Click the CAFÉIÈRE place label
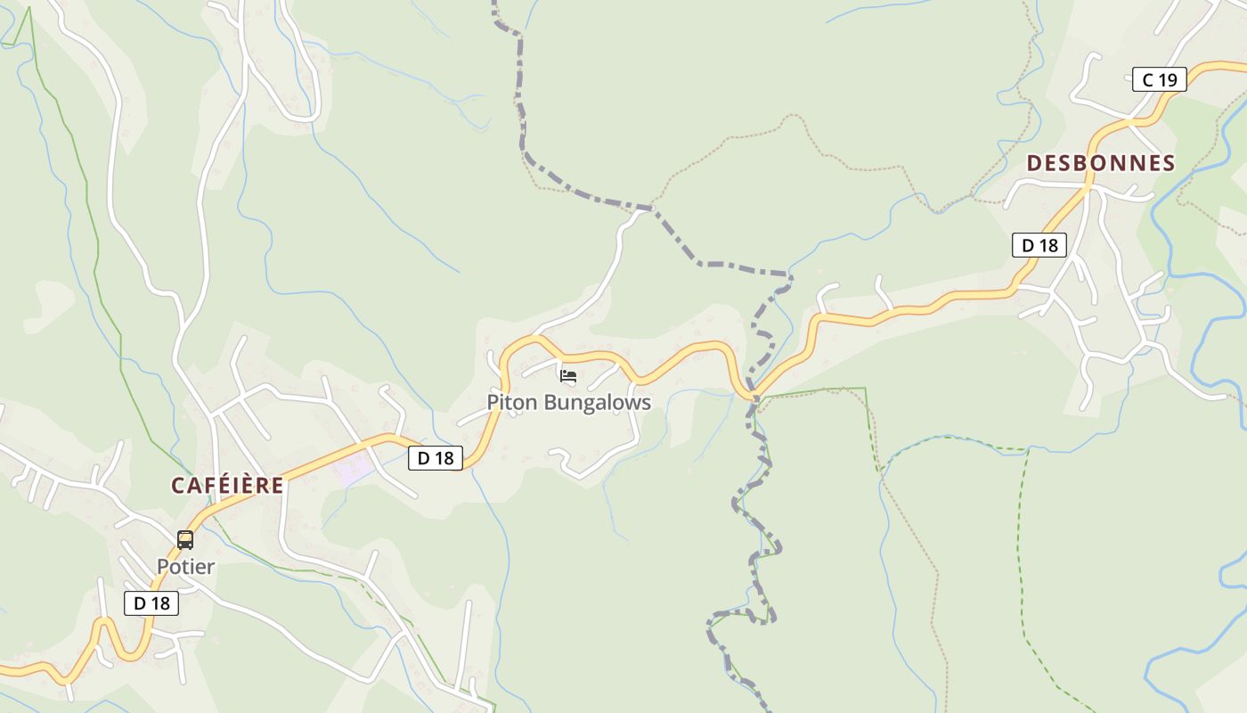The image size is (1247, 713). point(227,486)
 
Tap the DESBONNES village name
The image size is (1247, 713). point(1101,163)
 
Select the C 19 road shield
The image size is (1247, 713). point(1160,79)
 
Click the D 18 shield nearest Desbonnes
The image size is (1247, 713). point(1039,245)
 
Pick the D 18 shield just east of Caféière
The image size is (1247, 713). point(436,458)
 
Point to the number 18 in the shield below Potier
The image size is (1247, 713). point(159,603)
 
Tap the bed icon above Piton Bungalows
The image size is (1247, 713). point(568,376)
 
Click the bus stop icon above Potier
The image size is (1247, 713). point(185,540)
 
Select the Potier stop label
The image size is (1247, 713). point(186,567)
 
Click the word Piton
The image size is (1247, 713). point(512,403)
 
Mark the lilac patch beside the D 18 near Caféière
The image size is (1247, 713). point(355,469)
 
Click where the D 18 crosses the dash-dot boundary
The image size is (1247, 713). point(754,396)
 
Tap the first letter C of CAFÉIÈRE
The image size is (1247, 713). point(177,486)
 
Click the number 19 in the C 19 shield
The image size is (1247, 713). point(1168,79)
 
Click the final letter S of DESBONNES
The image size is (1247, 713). point(1169,163)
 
